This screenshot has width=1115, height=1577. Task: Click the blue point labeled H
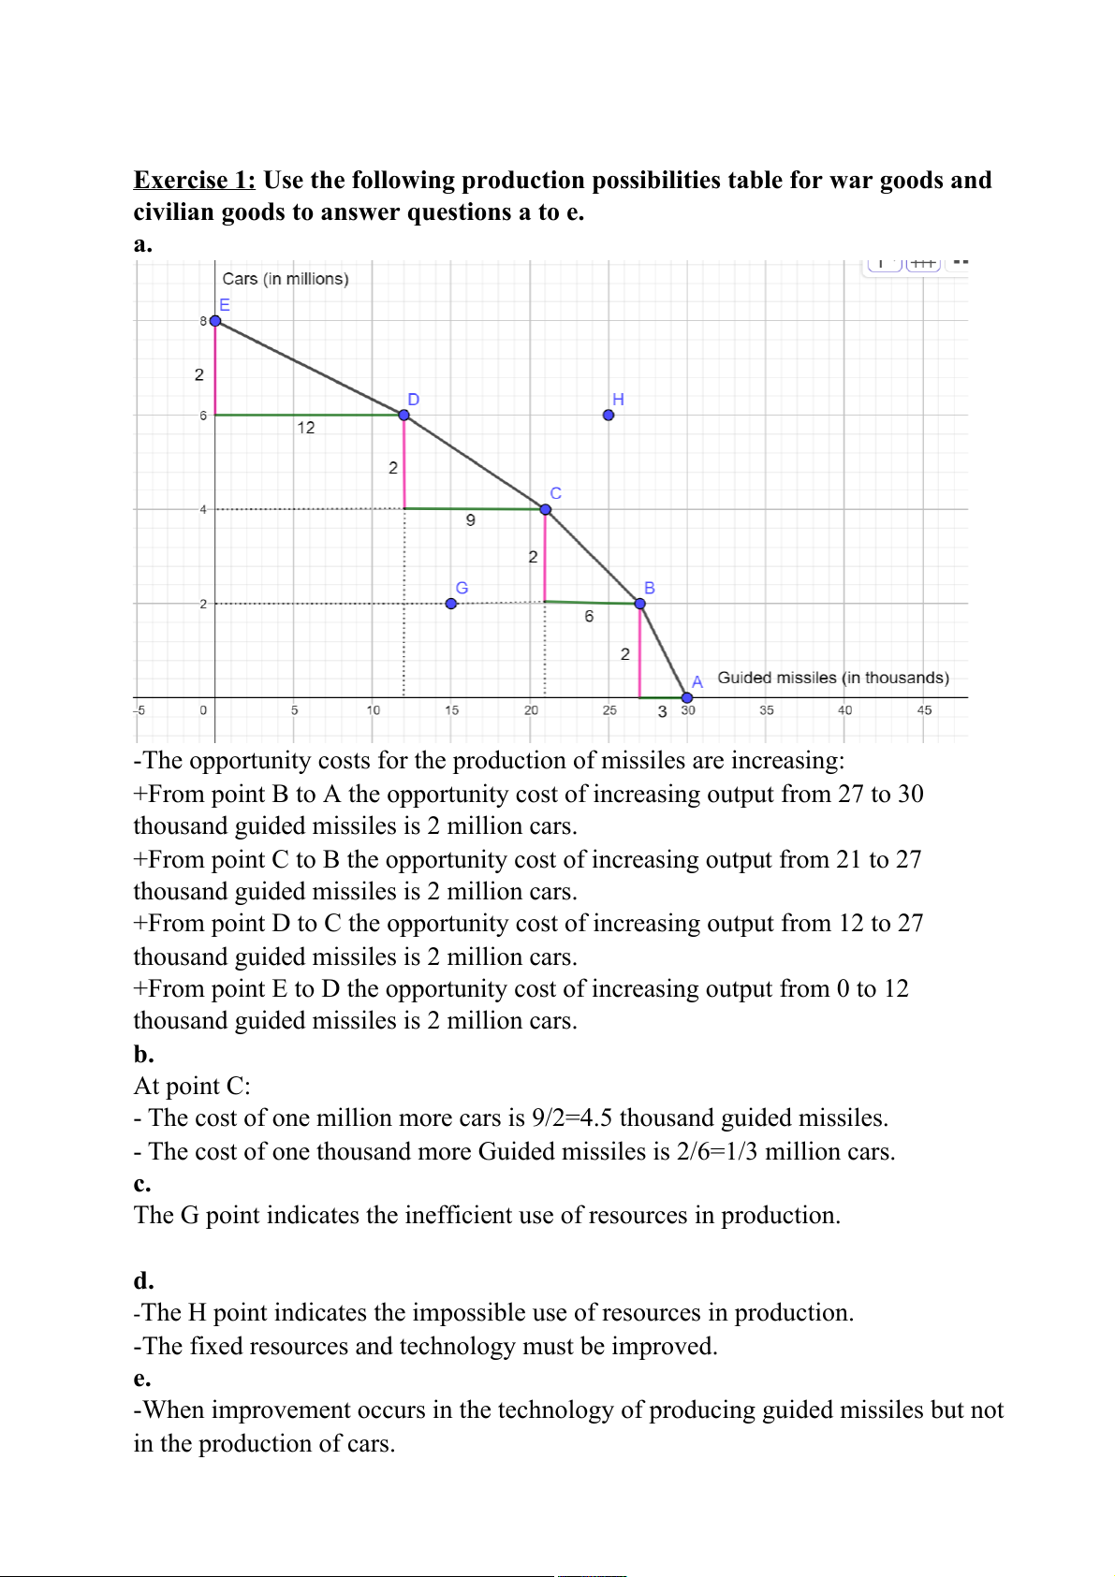[609, 415]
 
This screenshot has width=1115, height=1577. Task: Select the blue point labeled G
[451, 604]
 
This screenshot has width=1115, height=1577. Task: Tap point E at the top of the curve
[215, 321]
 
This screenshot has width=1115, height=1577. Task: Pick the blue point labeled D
[404, 415]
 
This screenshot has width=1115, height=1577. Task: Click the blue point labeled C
[545, 509]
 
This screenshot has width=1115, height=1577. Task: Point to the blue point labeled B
[640, 604]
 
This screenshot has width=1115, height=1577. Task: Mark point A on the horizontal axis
[687, 697]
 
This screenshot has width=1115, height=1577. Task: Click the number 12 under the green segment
[306, 428]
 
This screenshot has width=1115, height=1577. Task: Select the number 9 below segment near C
[471, 520]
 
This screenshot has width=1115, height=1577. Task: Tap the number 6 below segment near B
[589, 616]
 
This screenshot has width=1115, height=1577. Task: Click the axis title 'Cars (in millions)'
[286, 279]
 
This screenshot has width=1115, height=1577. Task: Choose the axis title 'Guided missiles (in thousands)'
[833, 678]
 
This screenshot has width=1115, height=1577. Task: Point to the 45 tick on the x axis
[924, 710]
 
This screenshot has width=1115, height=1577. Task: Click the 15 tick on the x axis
[452, 710]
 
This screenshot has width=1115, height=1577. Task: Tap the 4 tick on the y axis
[203, 509]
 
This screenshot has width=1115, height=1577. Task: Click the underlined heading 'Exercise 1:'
[195, 180]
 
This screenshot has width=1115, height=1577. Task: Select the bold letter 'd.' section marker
[143, 1280]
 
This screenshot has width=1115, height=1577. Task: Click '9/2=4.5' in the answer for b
[572, 1117]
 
